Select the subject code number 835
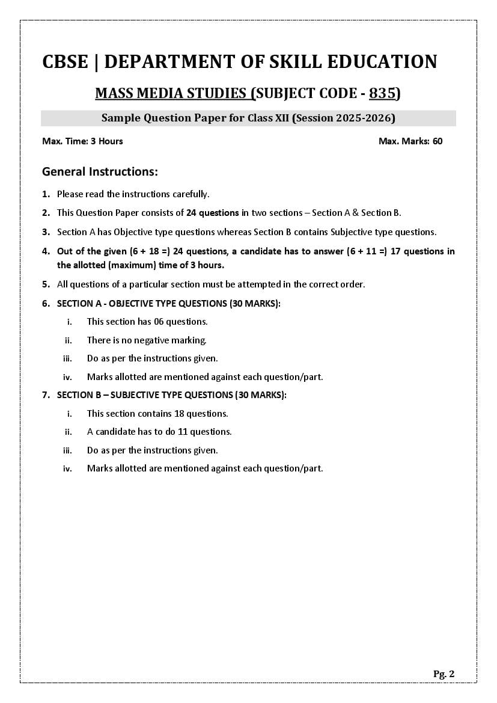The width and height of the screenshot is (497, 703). (382, 93)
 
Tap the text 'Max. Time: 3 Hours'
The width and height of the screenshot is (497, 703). (82, 141)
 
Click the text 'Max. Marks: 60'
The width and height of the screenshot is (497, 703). (410, 141)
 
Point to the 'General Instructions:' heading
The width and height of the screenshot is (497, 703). (100, 172)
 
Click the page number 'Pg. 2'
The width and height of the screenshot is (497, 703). (444, 674)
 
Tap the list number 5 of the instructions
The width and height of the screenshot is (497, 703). (46, 284)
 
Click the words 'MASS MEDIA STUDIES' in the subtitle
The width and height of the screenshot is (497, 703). (171, 93)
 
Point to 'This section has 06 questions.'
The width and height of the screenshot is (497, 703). (147, 322)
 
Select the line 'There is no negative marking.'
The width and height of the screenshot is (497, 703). (147, 340)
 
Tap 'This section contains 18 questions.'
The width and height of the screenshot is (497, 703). (157, 414)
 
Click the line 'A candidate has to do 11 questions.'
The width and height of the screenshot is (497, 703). (159, 432)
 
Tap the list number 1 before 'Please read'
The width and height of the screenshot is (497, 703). (46, 194)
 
